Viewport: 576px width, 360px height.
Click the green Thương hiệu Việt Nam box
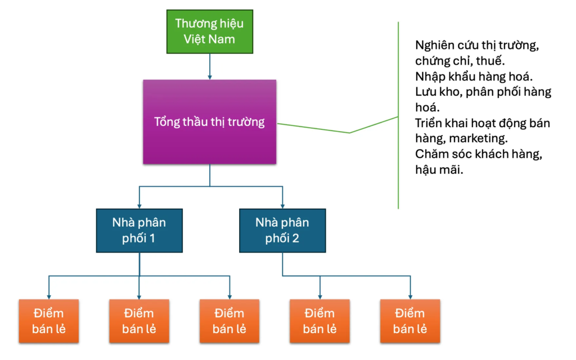coord(209,31)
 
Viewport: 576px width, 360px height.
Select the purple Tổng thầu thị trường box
coord(209,121)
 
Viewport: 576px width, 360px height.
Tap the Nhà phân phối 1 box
coord(139,230)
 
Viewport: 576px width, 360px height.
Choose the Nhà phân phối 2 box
coord(282,230)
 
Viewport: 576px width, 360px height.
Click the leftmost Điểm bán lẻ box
coord(48,321)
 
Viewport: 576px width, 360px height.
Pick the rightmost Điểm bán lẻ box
coord(410,321)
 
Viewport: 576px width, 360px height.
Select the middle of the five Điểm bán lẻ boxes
coord(229,321)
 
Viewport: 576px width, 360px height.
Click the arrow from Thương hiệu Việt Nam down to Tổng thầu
coord(209,66)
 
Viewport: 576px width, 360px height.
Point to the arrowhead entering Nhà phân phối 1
coord(139,205)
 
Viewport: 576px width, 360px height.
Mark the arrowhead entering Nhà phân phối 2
coord(282,205)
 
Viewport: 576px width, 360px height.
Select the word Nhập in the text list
coord(430,76)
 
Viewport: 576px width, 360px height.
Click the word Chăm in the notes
coord(431,154)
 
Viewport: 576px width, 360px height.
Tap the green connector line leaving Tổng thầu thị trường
coord(315,128)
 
